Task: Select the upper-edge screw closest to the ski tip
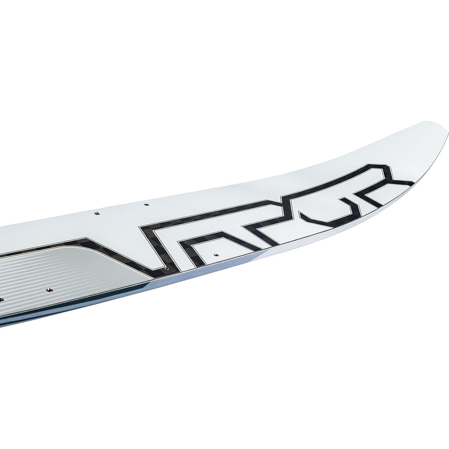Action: [x=146, y=204]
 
